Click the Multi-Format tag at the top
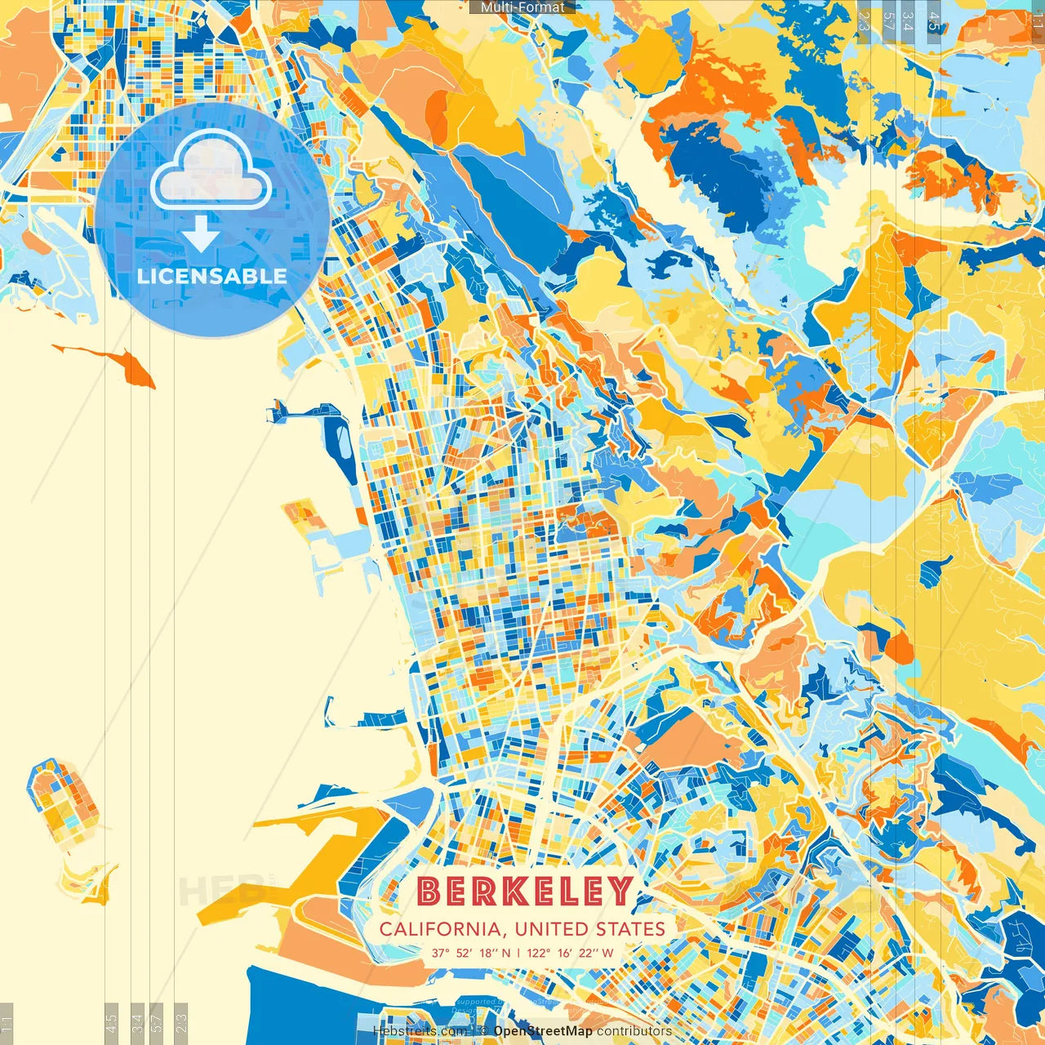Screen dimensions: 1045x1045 (522, 7)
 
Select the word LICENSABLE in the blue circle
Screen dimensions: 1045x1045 (211, 276)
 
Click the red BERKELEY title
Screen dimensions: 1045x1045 (526, 892)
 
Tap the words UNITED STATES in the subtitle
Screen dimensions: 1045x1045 (589, 929)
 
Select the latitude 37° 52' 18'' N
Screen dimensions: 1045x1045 (471, 953)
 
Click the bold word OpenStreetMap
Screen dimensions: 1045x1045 (543, 1031)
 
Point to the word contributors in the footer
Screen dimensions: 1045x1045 (634, 1031)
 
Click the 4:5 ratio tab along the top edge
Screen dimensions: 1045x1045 (934, 20)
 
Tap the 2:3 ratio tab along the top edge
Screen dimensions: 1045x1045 (864, 20)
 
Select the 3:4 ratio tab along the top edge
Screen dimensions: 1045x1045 (908, 20)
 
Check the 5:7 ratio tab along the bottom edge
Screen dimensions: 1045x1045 (157, 1022)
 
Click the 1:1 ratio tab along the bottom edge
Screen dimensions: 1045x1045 (7, 1022)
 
